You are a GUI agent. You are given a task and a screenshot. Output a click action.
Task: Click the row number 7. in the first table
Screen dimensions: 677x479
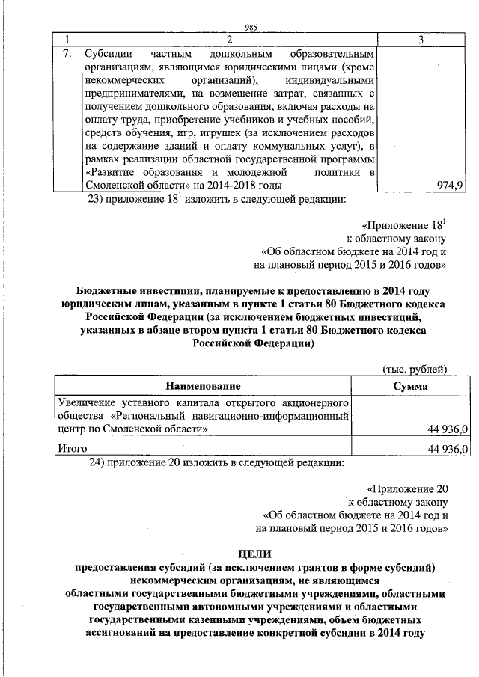pyautogui.click(x=67, y=55)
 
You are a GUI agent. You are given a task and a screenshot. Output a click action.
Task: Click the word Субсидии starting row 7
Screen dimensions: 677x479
pyautogui.click(x=105, y=55)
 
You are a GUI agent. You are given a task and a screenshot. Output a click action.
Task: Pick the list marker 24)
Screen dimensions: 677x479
pyautogui.click(x=100, y=464)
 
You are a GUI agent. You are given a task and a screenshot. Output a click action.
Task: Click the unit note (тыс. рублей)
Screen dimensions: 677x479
pyautogui.click(x=415, y=370)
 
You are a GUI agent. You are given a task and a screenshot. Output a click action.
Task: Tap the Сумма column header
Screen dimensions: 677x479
pyautogui.click(x=410, y=386)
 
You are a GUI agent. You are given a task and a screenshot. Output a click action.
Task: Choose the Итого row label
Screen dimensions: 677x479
pyautogui.click(x=73, y=449)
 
